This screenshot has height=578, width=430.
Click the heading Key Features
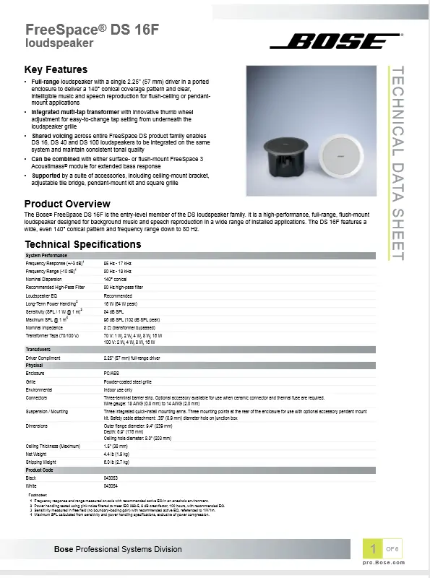coord(56,69)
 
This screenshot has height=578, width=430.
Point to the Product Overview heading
coord(67,204)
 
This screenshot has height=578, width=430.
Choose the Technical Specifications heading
coord(83,244)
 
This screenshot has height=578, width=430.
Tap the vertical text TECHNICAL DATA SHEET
coord(397,163)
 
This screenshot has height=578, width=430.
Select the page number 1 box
coord(373,548)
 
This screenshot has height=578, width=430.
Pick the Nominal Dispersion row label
coord(46,279)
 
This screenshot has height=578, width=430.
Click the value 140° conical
coord(116,279)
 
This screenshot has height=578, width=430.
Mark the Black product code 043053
coord(111,478)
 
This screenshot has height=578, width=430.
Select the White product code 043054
coord(111,486)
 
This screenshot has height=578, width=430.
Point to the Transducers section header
coord(38,349)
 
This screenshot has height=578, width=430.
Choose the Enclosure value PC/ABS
coord(111,374)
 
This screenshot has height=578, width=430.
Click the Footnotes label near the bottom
coord(38,495)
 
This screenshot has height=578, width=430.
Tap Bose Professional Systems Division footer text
coord(119,550)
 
